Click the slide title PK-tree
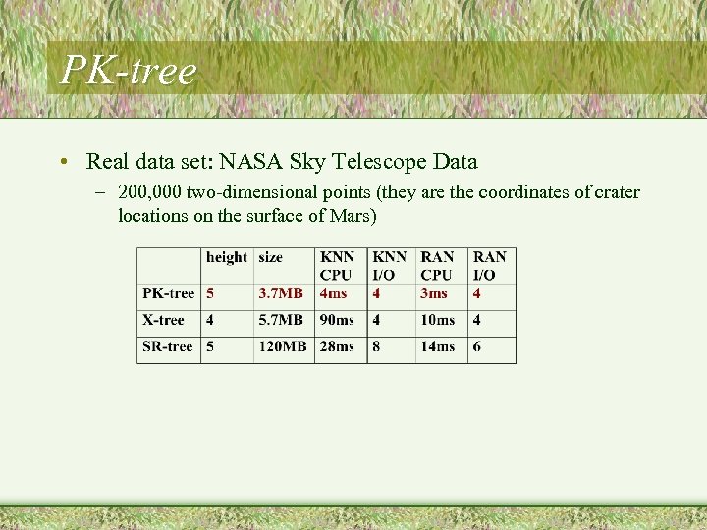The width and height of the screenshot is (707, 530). point(129,70)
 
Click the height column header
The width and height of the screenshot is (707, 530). point(227,257)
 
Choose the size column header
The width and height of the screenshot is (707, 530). point(271,257)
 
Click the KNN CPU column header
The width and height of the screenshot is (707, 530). point(337,266)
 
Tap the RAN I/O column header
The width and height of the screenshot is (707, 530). point(490,266)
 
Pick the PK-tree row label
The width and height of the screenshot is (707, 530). point(169,293)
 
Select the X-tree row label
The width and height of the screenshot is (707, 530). point(163,320)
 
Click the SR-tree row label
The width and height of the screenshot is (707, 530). point(168,346)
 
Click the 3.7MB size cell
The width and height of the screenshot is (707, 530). point(281,293)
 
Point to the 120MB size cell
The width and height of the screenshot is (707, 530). point(283,346)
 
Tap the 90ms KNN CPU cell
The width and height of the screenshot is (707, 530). point(337,320)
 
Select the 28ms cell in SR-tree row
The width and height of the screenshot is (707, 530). point(337,346)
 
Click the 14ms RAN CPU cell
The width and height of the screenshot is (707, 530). point(438,346)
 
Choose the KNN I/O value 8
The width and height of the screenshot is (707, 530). point(376,346)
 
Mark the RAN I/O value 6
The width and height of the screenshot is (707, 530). point(477,346)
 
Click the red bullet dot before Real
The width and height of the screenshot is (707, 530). point(63,162)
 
